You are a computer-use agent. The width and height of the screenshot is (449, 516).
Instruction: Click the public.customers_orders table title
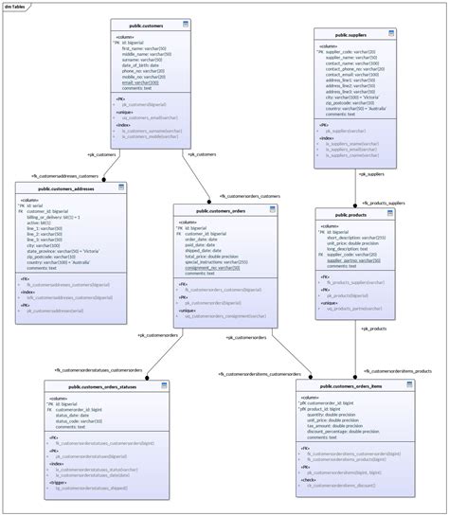[223, 210]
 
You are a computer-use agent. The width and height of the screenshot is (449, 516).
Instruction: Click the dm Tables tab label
[14, 5]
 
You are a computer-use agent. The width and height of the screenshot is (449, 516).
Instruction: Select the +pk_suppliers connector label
[370, 174]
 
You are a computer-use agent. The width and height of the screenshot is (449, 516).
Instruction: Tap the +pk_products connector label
[372, 328]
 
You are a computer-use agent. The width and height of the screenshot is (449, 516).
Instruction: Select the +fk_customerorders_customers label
[249, 196]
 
